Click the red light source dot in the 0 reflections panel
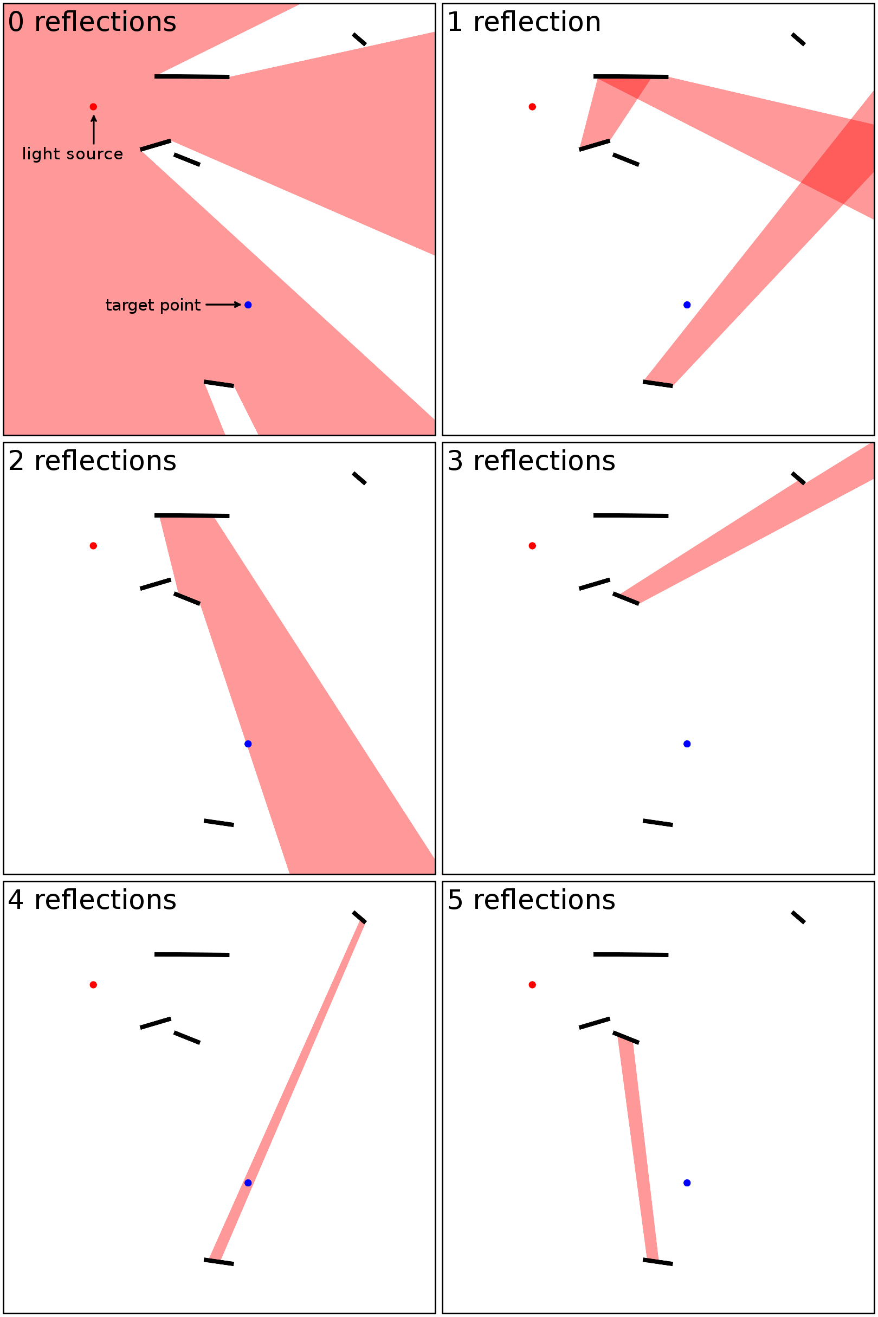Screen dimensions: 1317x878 [x=94, y=107]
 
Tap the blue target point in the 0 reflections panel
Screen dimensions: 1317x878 [x=248, y=305]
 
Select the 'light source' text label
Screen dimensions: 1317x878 [x=72, y=154]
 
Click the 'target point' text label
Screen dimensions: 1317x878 [x=153, y=305]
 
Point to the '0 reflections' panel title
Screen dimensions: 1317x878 [x=92, y=22]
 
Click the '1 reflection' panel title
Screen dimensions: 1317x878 [x=524, y=22]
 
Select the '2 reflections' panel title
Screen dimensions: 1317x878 [x=92, y=461]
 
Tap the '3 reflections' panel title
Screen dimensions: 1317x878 [x=531, y=461]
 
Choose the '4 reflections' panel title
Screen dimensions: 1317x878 [x=92, y=900]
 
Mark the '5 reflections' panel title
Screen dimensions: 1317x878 [x=531, y=900]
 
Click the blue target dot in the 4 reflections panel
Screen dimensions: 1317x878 [x=248, y=1183]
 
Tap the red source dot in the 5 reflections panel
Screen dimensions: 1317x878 [x=533, y=984]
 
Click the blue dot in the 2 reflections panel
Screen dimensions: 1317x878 [x=248, y=744]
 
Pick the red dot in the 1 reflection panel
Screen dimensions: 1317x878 [x=533, y=107]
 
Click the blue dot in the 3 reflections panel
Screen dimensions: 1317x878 [x=687, y=744]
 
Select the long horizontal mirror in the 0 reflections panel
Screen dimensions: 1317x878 [x=192, y=77]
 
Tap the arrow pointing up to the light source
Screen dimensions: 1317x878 [x=94, y=130]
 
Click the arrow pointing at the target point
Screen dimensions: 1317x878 [x=223, y=305]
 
